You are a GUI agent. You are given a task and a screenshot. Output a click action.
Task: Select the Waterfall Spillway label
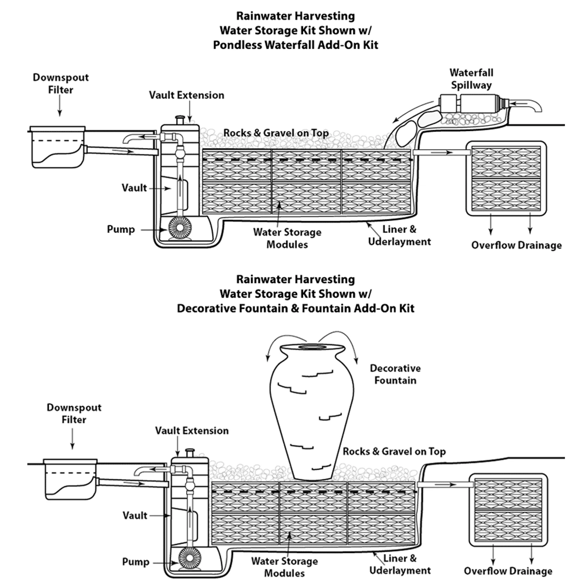click(x=471, y=78)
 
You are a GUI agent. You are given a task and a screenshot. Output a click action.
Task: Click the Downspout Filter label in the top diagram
click(x=61, y=83)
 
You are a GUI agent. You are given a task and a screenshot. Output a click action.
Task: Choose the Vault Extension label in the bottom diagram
click(x=191, y=431)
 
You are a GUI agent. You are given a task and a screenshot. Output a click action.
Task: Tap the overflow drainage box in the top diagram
click(x=506, y=178)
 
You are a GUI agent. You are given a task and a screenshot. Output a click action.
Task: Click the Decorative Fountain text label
click(x=395, y=374)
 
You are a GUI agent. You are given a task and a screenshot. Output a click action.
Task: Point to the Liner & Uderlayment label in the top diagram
click(x=399, y=235)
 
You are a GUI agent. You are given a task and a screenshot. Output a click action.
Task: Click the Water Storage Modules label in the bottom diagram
click(x=284, y=567)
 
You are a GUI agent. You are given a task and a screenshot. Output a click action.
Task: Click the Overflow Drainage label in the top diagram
click(x=516, y=245)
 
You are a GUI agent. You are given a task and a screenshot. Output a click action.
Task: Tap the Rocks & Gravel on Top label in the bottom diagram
click(x=394, y=451)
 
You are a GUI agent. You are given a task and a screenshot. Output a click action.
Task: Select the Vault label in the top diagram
click(x=134, y=188)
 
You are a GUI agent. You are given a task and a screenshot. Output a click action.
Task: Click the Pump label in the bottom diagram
click(x=136, y=562)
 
